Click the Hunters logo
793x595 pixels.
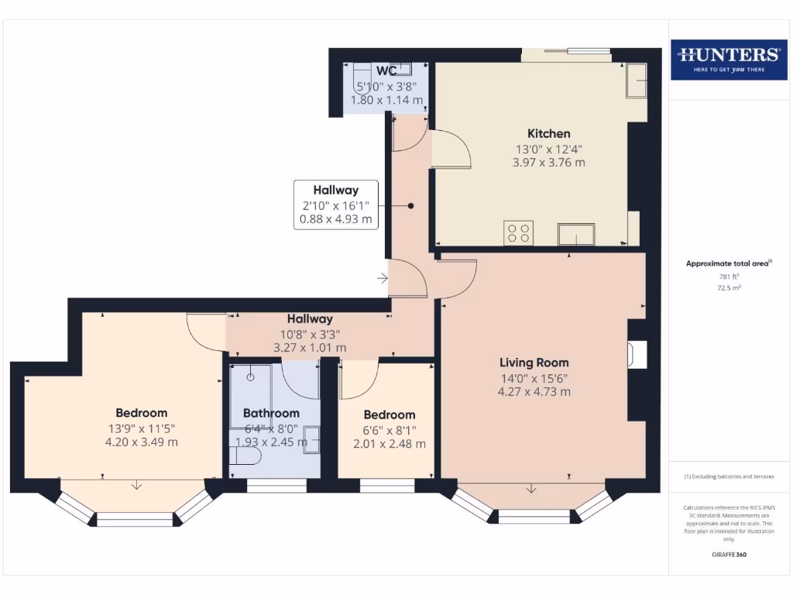(729, 59)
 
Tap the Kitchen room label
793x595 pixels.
(548, 134)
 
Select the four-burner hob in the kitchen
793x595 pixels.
(518, 233)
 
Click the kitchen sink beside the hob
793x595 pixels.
(577, 234)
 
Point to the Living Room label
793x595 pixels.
(534, 363)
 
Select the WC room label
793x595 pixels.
(386, 71)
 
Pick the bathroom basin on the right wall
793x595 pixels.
(311, 438)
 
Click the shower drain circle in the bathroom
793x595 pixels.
(251, 377)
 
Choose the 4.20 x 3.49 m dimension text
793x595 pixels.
(141, 442)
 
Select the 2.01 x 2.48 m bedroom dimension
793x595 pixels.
(389, 444)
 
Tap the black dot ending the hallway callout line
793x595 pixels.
(410, 205)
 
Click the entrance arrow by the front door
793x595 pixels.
(383, 278)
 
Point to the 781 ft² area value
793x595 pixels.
(728, 277)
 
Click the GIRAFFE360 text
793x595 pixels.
(728, 555)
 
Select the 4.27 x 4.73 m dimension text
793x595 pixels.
(534, 392)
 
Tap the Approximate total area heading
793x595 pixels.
(728, 263)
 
